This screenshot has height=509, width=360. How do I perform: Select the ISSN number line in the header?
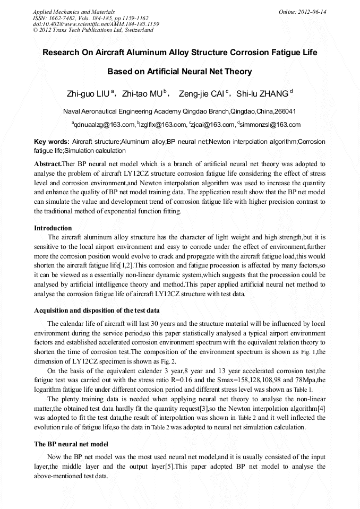tap(91, 18)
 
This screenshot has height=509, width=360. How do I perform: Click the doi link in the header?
tap(96, 24)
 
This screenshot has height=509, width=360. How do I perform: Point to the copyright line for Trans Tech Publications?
tap(93, 30)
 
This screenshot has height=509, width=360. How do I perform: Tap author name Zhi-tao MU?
tap(142, 94)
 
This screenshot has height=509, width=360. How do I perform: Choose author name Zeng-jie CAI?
tap(202, 94)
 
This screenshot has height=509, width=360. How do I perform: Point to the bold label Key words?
tap(52, 142)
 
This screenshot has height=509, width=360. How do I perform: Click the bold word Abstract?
tap(47, 164)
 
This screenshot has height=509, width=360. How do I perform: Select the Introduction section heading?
tap(53, 228)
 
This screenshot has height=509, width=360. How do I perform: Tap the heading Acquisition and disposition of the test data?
tap(107, 310)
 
